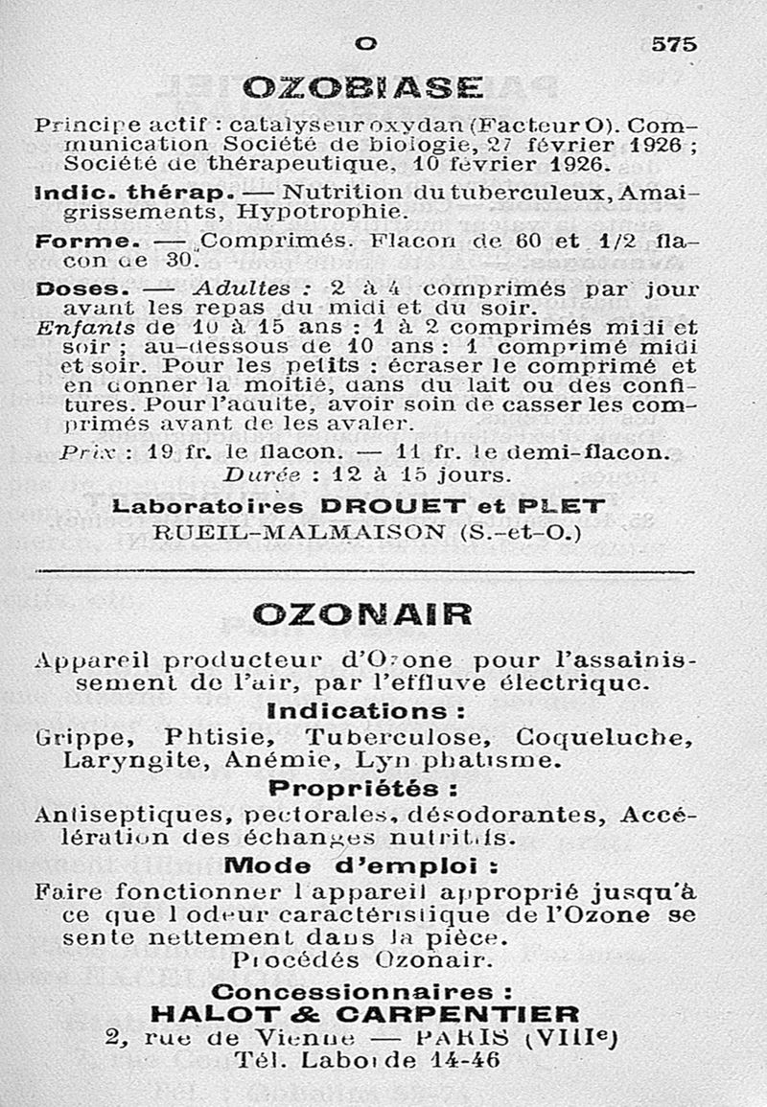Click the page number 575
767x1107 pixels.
coord(674,44)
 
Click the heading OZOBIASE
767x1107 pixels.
coord(363,89)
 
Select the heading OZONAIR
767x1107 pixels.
coord(362,613)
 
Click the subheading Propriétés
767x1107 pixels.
coord(361,789)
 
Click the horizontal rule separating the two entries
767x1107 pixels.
coord(364,573)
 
